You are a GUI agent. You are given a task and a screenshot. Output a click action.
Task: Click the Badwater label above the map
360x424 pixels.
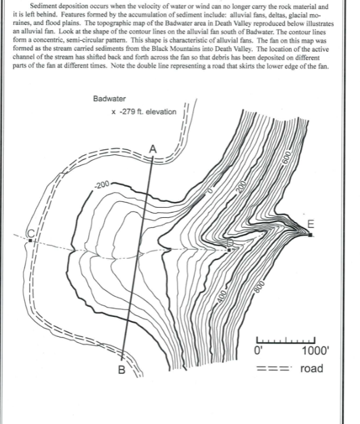[x=110, y=98]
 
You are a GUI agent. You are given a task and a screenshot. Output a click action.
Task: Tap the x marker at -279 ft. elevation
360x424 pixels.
[x=114, y=111]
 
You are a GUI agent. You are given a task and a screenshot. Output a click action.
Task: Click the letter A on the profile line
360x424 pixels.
[x=153, y=148]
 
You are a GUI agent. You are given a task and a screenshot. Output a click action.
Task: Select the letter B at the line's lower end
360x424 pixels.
[x=121, y=372]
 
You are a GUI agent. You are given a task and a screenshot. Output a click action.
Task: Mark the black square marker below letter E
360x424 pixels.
[x=310, y=235]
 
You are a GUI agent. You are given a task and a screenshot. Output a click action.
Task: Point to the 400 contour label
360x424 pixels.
[x=220, y=296]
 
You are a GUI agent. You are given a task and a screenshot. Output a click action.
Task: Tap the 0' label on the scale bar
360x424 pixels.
[x=258, y=351]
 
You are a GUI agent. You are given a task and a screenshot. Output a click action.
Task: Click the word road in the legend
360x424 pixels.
[x=312, y=368]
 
